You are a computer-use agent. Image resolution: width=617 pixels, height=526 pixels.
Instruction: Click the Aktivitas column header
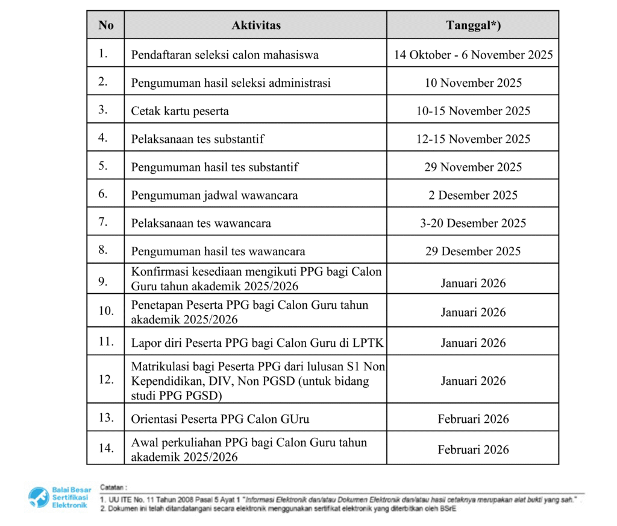pyautogui.click(x=256, y=25)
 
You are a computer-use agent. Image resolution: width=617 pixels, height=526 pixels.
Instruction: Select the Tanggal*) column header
pyautogui.click(x=473, y=25)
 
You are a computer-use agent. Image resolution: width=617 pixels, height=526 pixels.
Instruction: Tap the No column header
pyautogui.click(x=106, y=25)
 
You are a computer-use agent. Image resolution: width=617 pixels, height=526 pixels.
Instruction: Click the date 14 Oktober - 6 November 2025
pyautogui.click(x=473, y=55)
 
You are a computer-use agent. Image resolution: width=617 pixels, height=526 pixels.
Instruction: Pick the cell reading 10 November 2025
pyautogui.click(x=473, y=83)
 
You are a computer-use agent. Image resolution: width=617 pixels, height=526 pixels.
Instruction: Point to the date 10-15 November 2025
pyautogui.click(x=473, y=111)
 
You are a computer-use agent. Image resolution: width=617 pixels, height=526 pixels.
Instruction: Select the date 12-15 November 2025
pyautogui.click(x=473, y=139)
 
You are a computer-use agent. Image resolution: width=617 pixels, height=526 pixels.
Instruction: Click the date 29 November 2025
pyautogui.click(x=473, y=167)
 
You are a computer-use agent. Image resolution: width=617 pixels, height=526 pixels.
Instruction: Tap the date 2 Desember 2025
pyautogui.click(x=473, y=195)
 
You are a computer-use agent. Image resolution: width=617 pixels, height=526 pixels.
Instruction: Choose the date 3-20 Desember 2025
pyautogui.click(x=473, y=223)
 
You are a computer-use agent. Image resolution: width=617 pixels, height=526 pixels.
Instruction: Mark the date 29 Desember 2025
pyautogui.click(x=473, y=251)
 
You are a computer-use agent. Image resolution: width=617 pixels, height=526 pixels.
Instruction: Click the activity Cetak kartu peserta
pyautogui.click(x=180, y=111)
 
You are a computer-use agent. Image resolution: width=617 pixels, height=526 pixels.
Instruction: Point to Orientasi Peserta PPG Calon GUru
pyautogui.click(x=221, y=419)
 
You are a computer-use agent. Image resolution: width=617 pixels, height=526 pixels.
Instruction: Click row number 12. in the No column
pyautogui.click(x=106, y=379)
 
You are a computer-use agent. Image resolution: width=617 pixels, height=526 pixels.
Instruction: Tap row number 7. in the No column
pyautogui.click(x=104, y=222)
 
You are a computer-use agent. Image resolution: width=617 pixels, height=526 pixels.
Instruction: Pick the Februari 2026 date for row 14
pyautogui.click(x=473, y=449)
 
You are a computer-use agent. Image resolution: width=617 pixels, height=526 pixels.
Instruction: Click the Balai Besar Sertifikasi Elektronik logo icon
pyautogui.click(x=39, y=496)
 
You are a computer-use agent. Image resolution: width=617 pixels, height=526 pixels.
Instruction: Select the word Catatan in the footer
pyautogui.click(x=113, y=486)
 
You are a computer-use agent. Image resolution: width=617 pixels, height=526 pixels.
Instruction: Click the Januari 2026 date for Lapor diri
pyautogui.click(x=473, y=343)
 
